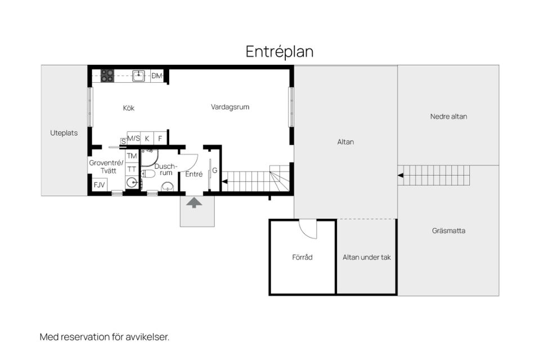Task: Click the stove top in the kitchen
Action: pos(107,76)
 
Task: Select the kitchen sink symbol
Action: pos(139,75)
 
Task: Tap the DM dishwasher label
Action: pos(157,76)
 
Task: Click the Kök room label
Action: pos(128,108)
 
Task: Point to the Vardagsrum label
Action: pos(230,107)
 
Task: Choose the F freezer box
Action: pos(160,138)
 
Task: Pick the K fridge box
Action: pos(147,138)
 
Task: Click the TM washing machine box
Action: pos(132,156)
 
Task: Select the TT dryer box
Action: pos(132,169)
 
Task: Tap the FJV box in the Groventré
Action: pos(100,184)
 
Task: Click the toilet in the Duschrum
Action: pos(148,174)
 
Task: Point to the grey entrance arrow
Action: pos(194,202)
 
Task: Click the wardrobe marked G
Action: pos(215,170)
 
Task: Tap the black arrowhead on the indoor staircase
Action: pos(224,181)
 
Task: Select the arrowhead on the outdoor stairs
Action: pos(400,175)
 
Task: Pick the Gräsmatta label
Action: pos(448,231)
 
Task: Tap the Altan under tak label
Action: pos(367,257)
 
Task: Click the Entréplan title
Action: pos(280,52)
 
